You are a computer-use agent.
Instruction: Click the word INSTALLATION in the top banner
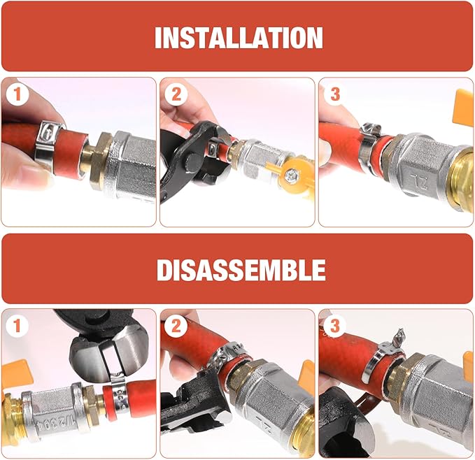point(239,38)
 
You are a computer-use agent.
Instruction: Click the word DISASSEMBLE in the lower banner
point(241,270)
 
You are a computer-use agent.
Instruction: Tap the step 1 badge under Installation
point(17,94)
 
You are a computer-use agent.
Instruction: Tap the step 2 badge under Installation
point(176,94)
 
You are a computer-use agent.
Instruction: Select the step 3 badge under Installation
point(335,94)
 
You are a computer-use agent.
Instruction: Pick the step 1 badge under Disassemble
point(17,326)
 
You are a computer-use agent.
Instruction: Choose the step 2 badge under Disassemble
point(176,326)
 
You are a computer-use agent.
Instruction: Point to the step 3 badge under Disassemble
point(335,326)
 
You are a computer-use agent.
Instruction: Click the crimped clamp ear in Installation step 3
point(371,129)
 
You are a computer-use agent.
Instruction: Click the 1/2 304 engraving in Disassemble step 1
point(55,423)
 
